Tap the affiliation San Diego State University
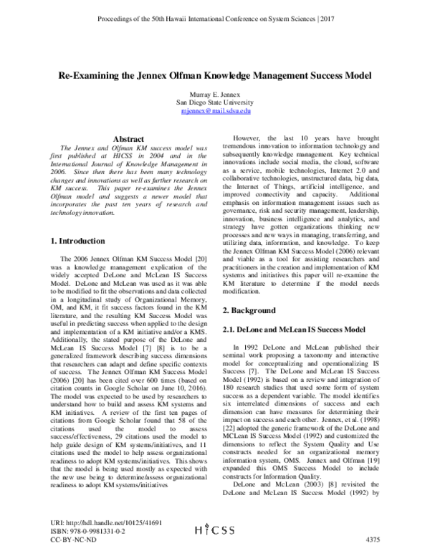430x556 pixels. pyautogui.click(x=214, y=102)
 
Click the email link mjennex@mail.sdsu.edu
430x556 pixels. pyautogui.click(x=214, y=111)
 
